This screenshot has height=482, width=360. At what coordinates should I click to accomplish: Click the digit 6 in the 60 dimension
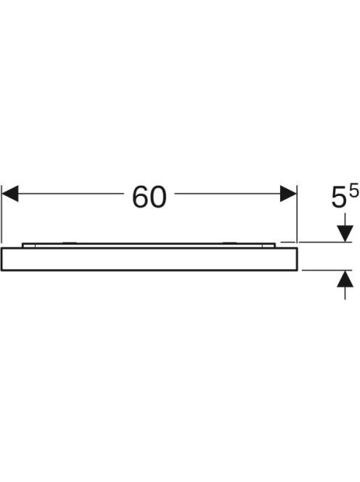click(140, 197)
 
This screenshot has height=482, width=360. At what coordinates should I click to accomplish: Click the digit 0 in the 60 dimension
click(158, 197)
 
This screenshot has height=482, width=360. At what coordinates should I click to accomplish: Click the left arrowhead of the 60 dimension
click(10, 194)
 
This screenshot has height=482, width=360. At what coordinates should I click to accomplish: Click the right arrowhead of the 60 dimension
click(288, 194)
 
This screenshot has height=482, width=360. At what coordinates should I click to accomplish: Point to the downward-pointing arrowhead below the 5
click(345, 234)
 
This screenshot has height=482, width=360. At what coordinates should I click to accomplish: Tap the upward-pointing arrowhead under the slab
click(345, 279)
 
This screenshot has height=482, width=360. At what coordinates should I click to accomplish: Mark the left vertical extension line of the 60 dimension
click(1, 213)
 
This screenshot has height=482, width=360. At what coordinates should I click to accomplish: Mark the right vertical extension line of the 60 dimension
click(297, 213)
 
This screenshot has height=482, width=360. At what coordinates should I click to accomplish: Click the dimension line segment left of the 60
click(70, 194)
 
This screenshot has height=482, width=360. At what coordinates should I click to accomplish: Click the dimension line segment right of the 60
click(227, 194)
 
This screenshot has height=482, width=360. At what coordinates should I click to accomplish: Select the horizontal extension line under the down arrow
click(316, 242)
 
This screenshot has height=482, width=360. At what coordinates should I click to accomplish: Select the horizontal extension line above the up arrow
click(327, 270)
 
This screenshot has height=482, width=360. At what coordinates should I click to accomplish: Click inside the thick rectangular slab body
click(150, 259)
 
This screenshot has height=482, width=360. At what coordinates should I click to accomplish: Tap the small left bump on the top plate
click(70, 243)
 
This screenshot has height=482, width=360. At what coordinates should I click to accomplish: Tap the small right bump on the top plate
click(229, 243)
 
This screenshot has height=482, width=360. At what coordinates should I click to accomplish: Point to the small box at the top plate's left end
click(29, 245)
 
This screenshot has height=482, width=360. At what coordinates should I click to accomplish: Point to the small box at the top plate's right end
click(269, 245)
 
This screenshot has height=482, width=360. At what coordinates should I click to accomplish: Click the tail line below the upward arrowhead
click(345, 293)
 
